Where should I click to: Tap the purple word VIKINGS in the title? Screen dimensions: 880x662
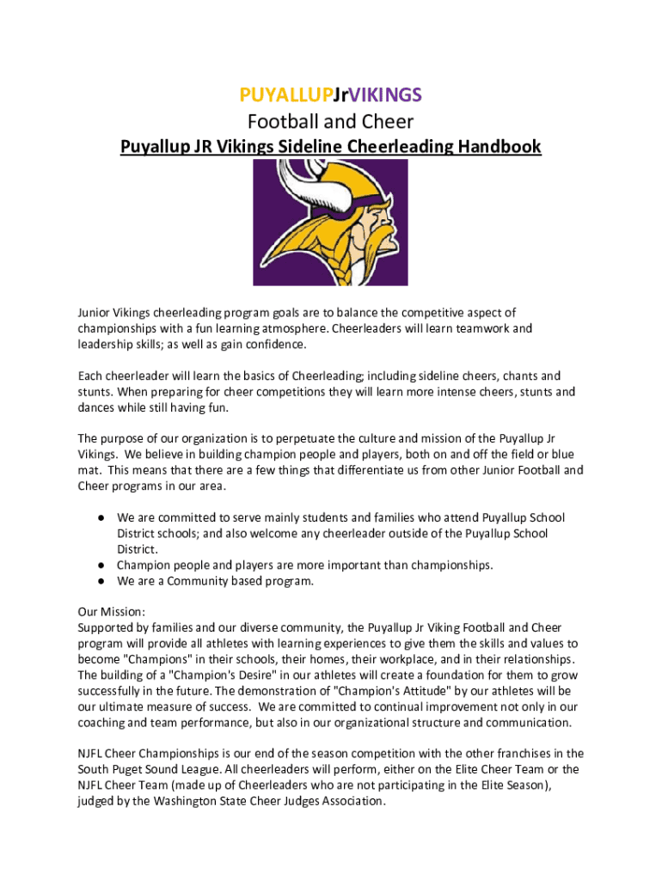click(x=386, y=93)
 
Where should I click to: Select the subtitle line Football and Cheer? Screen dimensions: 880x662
click(x=331, y=121)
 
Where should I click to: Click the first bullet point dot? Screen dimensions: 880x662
click(x=101, y=518)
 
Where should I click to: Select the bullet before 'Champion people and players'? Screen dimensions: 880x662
click(x=101, y=565)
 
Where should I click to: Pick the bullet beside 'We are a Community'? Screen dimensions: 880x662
click(x=101, y=581)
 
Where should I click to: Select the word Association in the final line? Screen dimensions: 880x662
click(x=351, y=801)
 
